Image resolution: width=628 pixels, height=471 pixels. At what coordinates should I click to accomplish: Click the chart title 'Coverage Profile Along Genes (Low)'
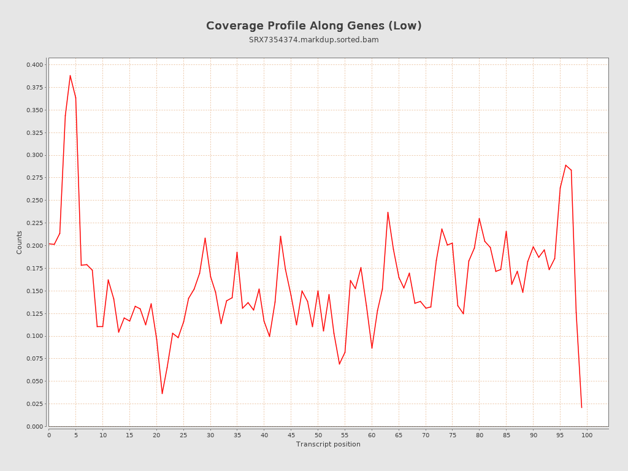313,26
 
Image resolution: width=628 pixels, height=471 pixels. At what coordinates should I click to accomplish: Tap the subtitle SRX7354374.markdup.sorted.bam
313,40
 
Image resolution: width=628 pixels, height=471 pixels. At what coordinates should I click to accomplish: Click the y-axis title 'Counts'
19,242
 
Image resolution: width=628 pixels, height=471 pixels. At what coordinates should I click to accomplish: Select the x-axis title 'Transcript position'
328,444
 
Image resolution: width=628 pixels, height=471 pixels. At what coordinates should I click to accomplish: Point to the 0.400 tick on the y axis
34,65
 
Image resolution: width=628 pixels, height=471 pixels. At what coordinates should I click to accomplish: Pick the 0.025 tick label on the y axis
34,404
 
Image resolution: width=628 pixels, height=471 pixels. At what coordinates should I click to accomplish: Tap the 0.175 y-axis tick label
34,268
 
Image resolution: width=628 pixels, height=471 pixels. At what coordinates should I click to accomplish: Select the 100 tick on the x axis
587,435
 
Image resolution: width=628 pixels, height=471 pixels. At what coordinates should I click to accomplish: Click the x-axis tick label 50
318,435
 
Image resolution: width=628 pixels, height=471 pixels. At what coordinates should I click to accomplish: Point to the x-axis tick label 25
183,435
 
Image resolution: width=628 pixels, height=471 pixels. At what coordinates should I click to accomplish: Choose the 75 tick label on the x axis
453,435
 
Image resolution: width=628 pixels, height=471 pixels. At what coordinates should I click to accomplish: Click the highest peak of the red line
70,75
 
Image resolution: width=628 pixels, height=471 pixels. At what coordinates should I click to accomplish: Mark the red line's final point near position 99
581,407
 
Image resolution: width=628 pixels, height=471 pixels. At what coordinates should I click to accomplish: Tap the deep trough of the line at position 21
162,394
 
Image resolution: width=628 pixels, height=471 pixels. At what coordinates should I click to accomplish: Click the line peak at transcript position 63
388,212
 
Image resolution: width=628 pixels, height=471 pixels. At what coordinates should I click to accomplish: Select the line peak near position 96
565,165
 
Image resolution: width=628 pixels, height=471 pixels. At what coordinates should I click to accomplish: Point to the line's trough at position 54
339,364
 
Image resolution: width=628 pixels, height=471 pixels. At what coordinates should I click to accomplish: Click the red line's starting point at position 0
49,243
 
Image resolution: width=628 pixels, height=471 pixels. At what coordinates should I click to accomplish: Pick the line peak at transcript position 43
280,236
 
